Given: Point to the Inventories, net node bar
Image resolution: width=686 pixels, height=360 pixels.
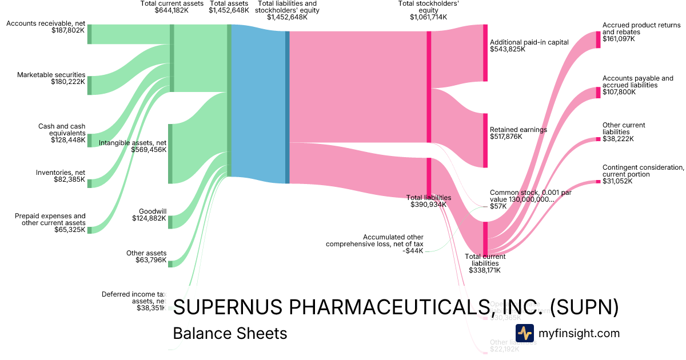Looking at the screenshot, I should point(89,183).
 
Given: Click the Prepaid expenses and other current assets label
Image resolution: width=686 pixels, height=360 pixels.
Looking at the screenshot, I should point(50,219).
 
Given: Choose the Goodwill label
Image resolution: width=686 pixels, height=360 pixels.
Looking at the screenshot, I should point(152,211).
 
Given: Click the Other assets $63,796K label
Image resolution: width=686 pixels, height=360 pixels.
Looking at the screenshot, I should point(146,257).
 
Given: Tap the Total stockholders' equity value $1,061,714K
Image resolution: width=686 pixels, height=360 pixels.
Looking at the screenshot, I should point(428,17).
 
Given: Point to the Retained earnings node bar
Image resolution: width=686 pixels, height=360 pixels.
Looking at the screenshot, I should point(485,140).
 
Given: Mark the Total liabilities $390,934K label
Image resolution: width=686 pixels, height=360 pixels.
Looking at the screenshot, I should point(428,201).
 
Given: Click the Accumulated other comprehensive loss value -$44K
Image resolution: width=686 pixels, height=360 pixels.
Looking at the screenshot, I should point(413,250).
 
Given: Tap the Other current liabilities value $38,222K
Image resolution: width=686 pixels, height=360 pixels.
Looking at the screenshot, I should point(618,139).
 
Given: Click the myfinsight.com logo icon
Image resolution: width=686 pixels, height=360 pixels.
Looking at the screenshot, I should point(525,333).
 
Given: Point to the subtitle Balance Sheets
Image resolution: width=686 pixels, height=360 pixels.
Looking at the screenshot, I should point(230,333).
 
